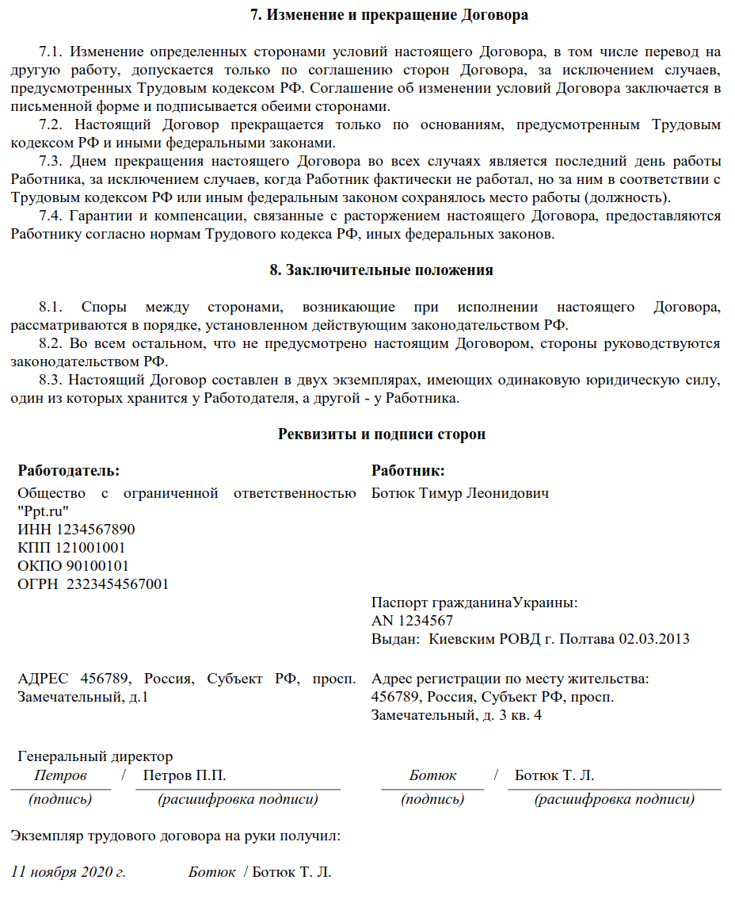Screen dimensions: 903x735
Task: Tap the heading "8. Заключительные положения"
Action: point(381,270)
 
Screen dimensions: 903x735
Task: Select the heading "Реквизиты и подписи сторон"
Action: point(382,434)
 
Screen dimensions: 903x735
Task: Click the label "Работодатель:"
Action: point(68,471)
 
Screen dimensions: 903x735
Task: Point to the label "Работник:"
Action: point(408,471)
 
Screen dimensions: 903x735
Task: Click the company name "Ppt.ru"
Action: point(44,511)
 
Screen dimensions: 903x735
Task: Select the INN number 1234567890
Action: point(89,530)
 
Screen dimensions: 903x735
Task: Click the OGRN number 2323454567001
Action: point(118,584)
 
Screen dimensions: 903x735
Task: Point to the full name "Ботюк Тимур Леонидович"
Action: point(460,493)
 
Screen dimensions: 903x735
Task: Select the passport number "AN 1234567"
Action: point(412,621)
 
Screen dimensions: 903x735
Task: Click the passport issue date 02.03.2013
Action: point(654,639)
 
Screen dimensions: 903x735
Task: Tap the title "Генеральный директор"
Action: point(95,756)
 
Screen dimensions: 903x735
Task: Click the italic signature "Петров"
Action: point(60,775)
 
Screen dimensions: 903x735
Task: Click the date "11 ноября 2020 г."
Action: point(68,872)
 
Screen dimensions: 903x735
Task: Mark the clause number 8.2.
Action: point(50,343)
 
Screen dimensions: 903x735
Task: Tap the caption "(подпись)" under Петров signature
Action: point(60,799)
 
